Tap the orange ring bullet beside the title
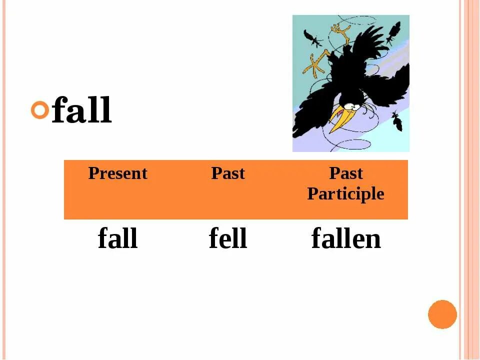[40, 109]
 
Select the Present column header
[117, 173]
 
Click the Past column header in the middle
[228, 173]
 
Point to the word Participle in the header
[345, 194]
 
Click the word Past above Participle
[345, 173]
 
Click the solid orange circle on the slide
[442, 314]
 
